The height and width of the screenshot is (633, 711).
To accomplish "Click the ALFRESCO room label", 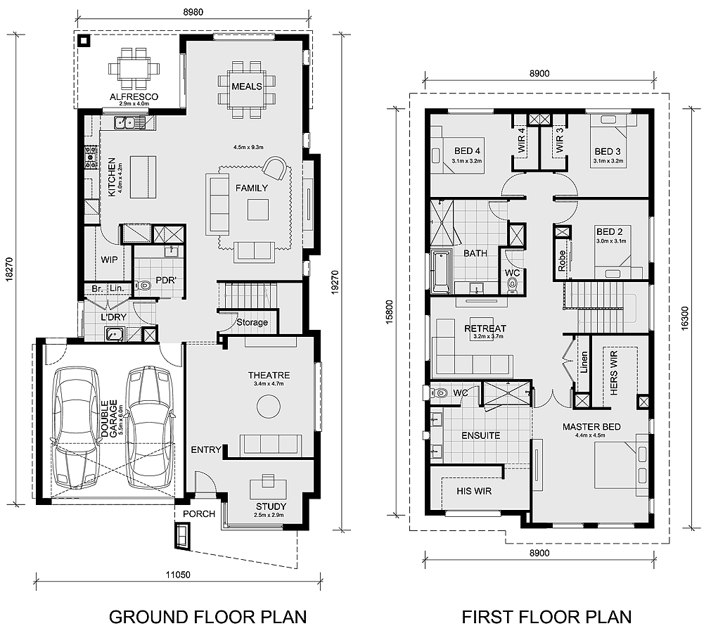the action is [134, 96].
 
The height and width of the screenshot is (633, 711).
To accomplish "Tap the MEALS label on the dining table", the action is [247, 86].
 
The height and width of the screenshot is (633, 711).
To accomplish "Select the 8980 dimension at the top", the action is [193, 12].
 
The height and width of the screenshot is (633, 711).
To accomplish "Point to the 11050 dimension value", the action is [178, 575].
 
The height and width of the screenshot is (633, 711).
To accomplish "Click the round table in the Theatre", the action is [269, 407].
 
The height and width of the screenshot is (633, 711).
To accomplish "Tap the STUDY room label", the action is [271, 506].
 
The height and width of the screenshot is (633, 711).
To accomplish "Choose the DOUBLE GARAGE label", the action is [109, 418].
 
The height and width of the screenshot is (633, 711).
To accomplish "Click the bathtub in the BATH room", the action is [441, 271].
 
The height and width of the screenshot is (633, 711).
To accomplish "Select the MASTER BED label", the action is [591, 427].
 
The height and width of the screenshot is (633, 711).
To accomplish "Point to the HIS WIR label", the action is [474, 491].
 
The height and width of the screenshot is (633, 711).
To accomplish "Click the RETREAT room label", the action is [485, 328].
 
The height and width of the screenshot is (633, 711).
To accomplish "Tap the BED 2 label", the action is [610, 231].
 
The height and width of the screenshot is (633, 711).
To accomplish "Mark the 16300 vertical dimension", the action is [685, 319].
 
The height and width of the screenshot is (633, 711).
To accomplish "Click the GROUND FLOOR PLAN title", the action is [207, 617].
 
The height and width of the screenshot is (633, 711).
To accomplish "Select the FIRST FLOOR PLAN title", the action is [546, 617].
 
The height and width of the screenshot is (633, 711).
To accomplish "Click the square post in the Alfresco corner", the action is [84, 41].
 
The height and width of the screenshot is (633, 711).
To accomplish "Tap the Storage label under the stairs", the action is [252, 322].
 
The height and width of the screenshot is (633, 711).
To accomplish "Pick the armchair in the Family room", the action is [275, 169].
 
